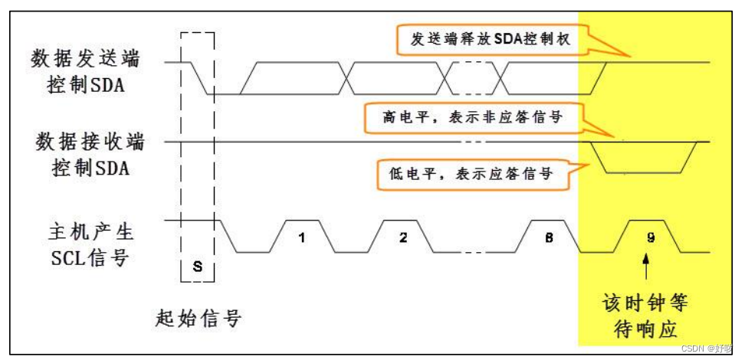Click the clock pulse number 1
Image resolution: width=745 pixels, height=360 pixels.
(x=301, y=237)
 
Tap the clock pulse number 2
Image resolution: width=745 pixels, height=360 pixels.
(x=403, y=237)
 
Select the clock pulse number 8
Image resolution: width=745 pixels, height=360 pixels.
(x=550, y=237)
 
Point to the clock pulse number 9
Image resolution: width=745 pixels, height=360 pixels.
(x=651, y=237)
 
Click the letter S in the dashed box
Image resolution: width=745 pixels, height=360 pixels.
(x=197, y=265)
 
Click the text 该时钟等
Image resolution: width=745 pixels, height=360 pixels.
(x=645, y=302)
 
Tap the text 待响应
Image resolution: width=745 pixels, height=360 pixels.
(x=645, y=328)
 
